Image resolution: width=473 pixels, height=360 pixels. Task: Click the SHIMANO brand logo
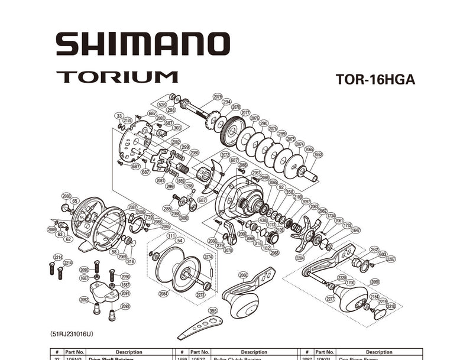(142, 44)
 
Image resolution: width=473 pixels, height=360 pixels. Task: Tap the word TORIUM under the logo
(117, 77)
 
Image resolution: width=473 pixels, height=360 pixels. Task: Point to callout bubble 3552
(318, 155)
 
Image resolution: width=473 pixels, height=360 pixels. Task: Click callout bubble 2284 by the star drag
(300, 258)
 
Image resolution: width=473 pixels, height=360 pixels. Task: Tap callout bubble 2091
(125, 293)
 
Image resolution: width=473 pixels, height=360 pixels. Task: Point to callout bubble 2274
(208, 257)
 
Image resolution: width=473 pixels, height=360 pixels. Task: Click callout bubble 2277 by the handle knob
(330, 299)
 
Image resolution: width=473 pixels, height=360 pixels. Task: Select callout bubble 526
(162, 104)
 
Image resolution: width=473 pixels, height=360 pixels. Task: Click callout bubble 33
(119, 116)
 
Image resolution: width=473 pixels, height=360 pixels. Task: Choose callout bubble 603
(383, 254)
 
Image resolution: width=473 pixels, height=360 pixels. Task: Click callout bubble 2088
(66, 196)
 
